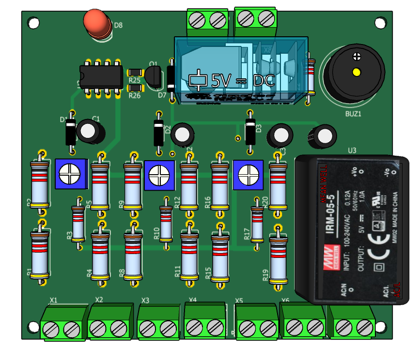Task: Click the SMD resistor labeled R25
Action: click(135, 73)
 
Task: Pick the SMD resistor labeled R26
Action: click(135, 88)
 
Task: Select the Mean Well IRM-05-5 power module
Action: click(352, 229)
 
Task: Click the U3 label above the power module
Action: click(352, 150)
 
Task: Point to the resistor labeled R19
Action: click(278, 260)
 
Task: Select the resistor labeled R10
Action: click(166, 223)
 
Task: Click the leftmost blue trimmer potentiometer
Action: click(71, 174)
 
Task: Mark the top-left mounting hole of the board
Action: click(33, 23)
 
